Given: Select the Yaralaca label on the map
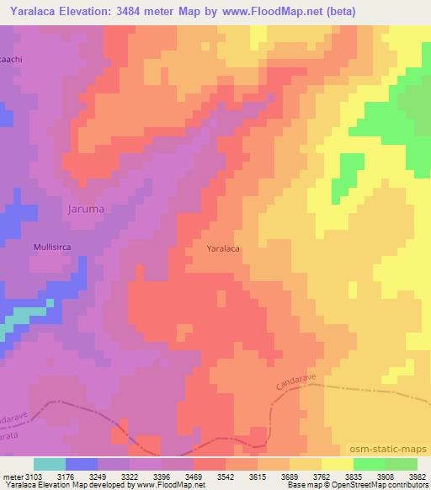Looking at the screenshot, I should (x=229, y=249).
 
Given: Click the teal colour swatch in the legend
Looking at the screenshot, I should (x=49, y=464).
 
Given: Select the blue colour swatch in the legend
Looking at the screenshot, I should (x=81, y=464).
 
